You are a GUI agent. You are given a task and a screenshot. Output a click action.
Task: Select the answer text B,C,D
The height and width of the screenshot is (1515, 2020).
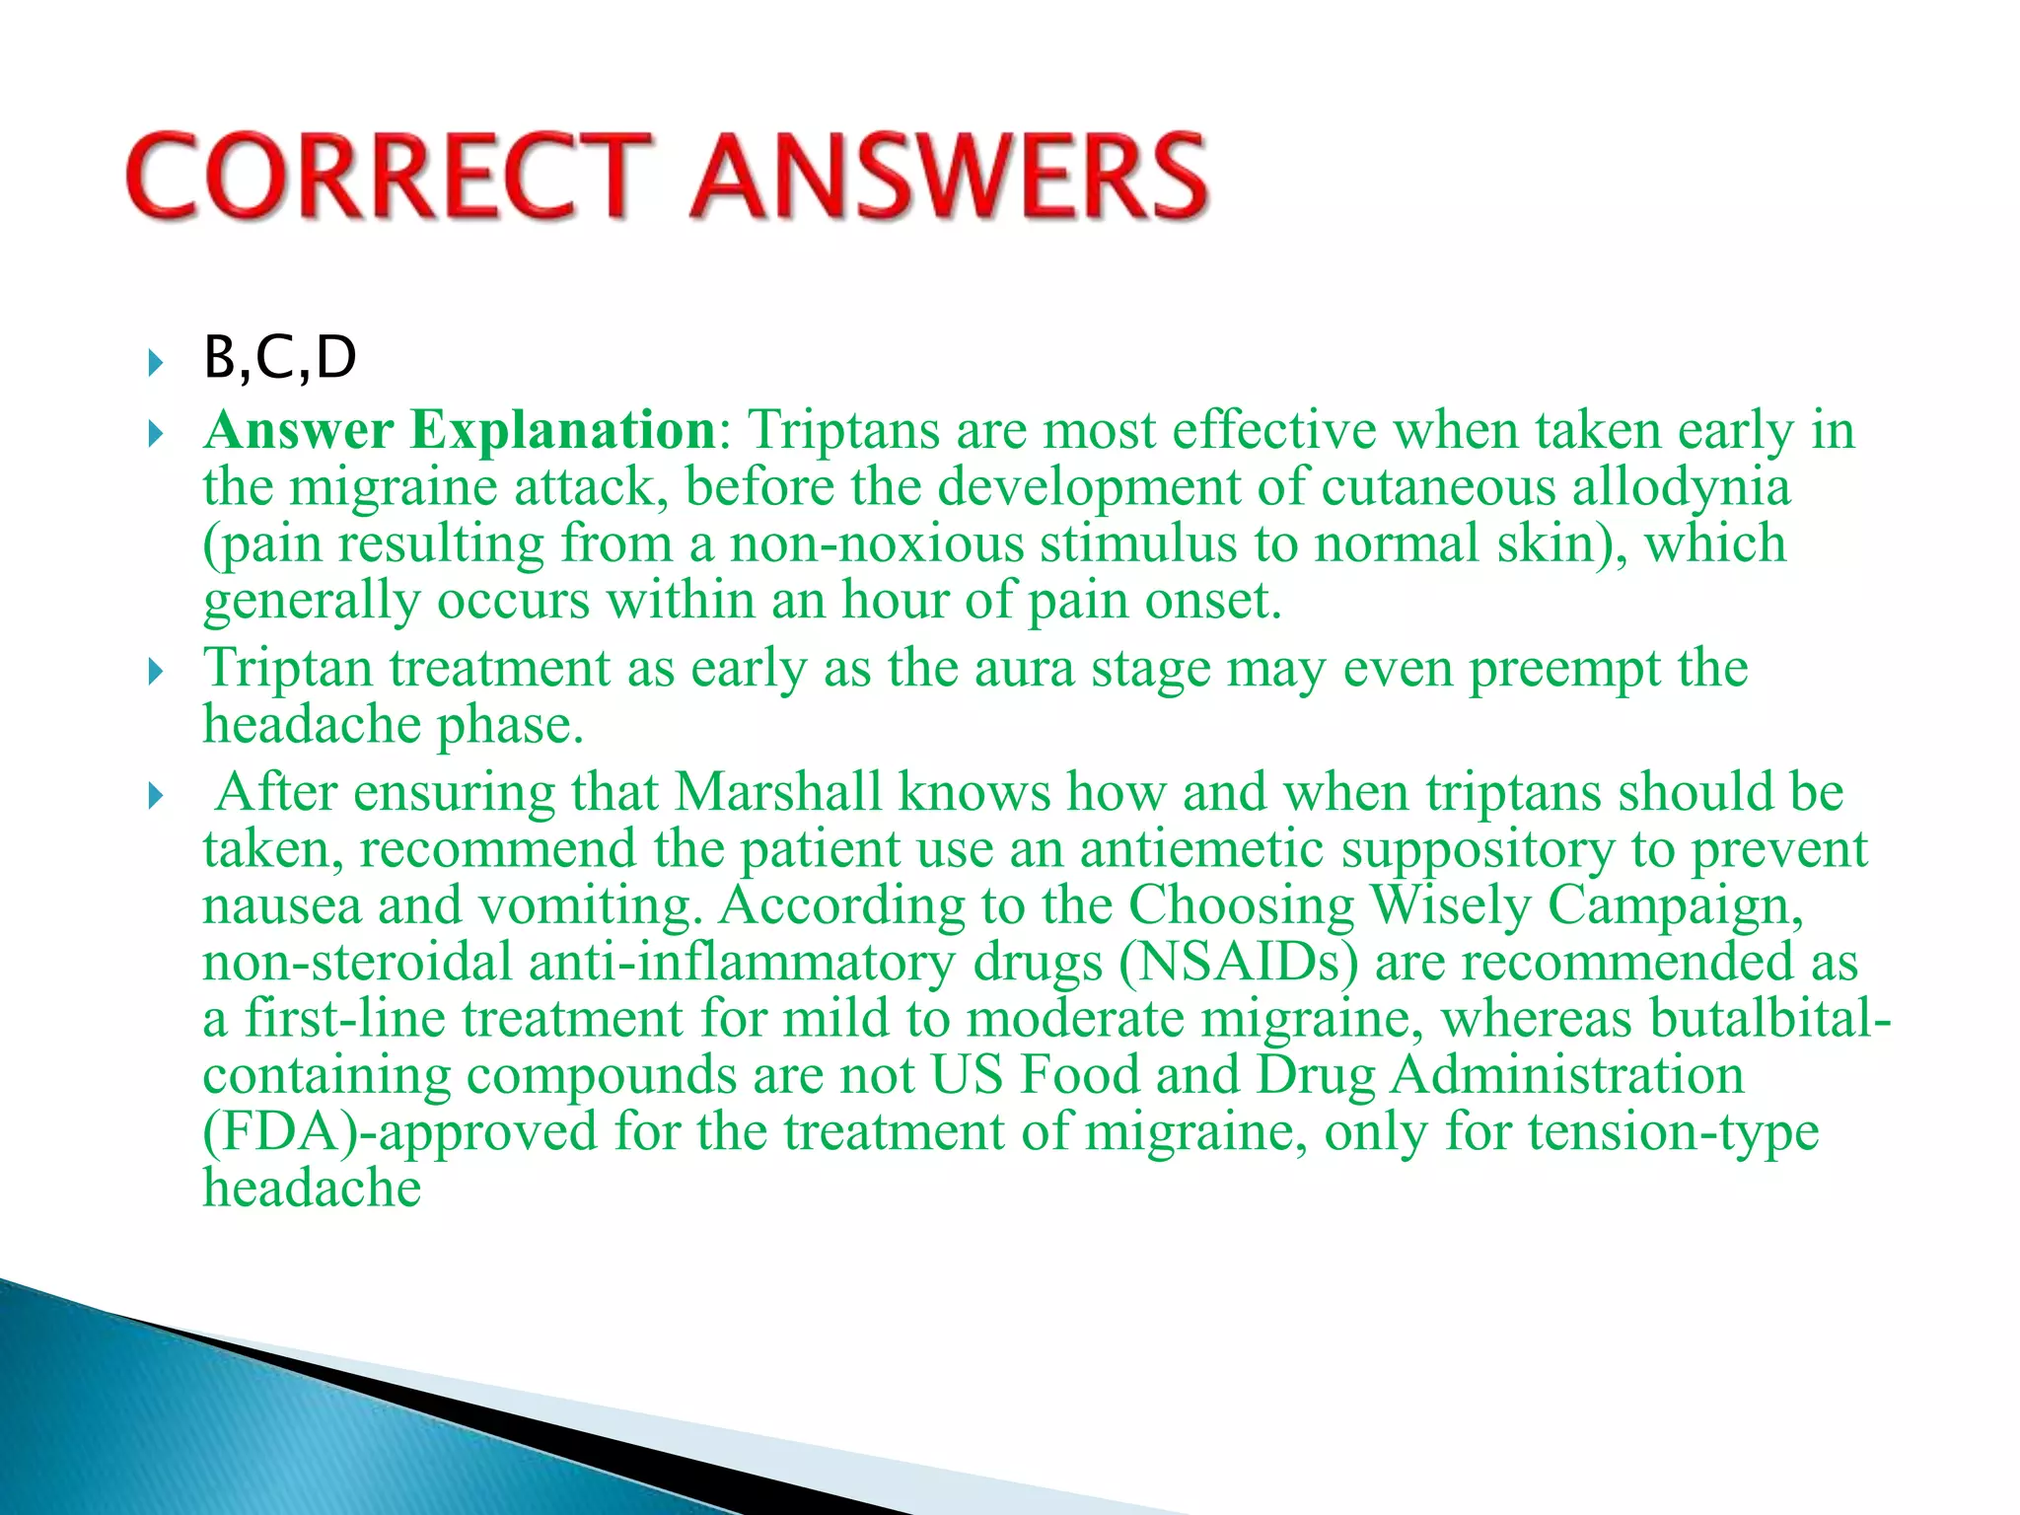(x=279, y=357)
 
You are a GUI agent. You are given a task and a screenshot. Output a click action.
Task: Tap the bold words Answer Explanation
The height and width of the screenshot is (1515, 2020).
(x=460, y=430)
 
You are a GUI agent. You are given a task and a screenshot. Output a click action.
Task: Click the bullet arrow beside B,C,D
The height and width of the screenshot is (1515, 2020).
(x=155, y=362)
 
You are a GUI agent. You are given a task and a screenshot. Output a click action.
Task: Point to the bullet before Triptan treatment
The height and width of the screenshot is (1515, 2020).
(x=155, y=673)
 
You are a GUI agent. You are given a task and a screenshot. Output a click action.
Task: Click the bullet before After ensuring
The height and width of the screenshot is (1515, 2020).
(x=155, y=796)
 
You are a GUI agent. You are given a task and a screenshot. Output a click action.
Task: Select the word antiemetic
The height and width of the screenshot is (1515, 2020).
(x=1200, y=848)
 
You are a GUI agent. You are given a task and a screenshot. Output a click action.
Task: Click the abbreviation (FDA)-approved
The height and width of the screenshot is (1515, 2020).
(x=399, y=1131)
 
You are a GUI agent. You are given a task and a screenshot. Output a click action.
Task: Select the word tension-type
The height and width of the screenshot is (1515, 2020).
(x=1673, y=1131)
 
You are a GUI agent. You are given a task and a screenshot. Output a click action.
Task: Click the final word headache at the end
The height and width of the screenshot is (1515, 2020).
(x=312, y=1188)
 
